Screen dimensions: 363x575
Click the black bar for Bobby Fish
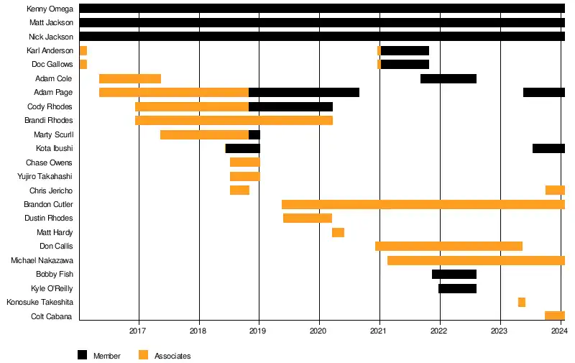454,274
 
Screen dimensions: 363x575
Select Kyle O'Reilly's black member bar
457,288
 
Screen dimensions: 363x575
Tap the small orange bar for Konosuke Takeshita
521,302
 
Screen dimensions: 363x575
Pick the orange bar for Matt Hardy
338,232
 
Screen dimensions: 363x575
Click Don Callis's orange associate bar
448,246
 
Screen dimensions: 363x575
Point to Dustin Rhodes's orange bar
307,218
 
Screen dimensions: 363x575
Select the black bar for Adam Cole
448,78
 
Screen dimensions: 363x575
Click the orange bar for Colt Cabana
554,316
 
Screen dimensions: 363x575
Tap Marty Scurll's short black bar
254,134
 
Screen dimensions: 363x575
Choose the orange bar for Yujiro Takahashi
244,176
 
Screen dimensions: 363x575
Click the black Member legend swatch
82,355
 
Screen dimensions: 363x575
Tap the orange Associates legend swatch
143,355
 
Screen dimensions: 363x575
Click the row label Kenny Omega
50,9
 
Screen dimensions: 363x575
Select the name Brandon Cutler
48,204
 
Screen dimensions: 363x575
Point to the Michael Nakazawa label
42,260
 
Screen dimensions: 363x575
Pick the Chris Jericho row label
51,190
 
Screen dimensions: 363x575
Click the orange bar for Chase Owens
244,162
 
